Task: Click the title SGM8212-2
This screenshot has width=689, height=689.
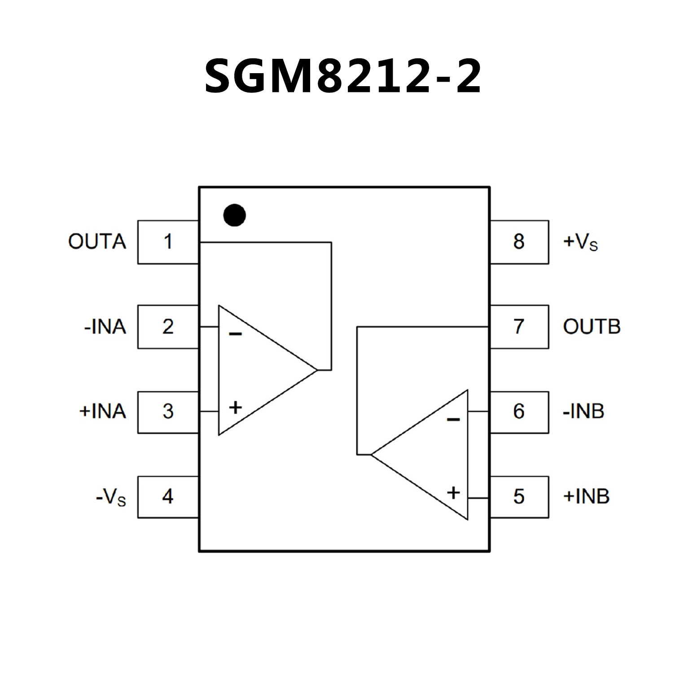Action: tap(343, 77)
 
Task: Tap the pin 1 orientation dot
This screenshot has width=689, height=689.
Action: tap(234, 215)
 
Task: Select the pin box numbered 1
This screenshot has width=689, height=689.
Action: tap(168, 242)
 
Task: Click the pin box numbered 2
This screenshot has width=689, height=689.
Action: tap(168, 327)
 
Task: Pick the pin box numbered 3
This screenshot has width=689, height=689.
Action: tap(168, 412)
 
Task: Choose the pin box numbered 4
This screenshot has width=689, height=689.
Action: tap(168, 496)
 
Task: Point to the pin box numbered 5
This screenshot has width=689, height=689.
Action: tap(519, 496)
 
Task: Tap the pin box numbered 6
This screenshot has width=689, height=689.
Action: tap(519, 412)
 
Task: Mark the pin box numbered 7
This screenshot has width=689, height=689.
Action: tap(519, 327)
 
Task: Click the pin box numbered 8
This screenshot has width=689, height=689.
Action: tap(519, 242)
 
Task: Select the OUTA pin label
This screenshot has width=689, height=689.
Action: tap(97, 242)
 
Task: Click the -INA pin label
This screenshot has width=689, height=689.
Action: tap(105, 327)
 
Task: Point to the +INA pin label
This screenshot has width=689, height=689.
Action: tap(102, 412)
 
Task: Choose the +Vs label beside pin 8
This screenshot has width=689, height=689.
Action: tap(580, 242)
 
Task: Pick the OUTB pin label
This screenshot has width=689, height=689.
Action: tap(592, 327)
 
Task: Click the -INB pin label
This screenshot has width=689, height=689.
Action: tap(584, 412)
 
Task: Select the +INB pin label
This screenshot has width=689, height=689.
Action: tap(586, 496)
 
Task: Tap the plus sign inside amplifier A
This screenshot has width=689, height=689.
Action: tap(235, 408)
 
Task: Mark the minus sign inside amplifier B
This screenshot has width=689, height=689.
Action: tap(453, 420)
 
